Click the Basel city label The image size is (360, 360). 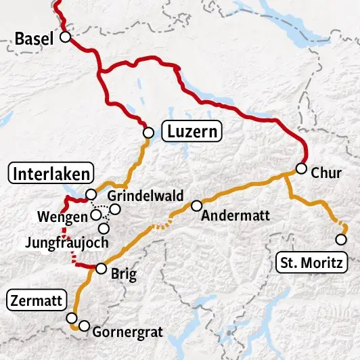click(x=33, y=39)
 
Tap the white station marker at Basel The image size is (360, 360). click(x=66, y=38)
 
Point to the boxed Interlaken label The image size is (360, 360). click(x=49, y=174)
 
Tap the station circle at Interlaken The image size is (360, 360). click(x=91, y=195)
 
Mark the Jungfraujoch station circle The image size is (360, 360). click(x=104, y=228)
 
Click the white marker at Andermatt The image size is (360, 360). click(x=197, y=205)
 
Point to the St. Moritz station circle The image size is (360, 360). click(x=340, y=240)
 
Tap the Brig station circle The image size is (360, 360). click(x=101, y=269)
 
